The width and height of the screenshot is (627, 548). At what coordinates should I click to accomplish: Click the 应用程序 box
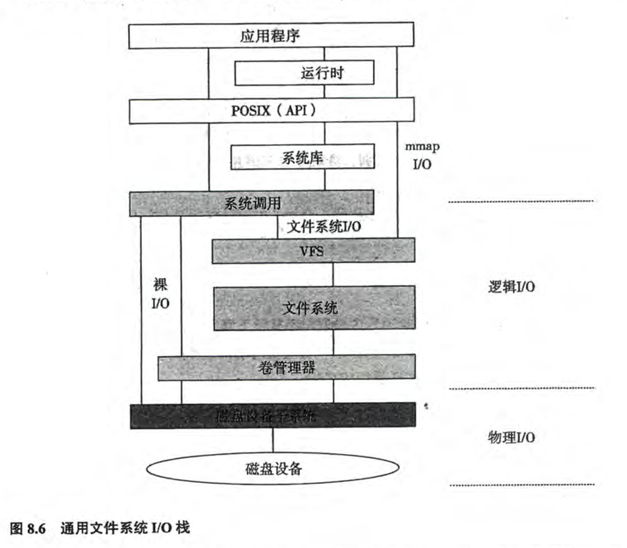(x=272, y=36)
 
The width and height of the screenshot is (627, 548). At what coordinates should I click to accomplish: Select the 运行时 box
(x=303, y=72)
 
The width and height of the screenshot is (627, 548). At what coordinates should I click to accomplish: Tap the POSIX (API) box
(x=272, y=110)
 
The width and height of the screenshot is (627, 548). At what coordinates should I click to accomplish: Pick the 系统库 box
(x=303, y=156)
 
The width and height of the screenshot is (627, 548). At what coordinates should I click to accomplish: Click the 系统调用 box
(x=251, y=203)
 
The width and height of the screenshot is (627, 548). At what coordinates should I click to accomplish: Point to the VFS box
(x=312, y=250)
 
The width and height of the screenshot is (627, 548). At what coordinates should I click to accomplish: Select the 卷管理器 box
(x=286, y=366)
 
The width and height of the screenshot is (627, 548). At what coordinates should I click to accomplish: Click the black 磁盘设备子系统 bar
(x=272, y=416)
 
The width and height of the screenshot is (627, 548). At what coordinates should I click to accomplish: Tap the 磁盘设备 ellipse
(x=272, y=468)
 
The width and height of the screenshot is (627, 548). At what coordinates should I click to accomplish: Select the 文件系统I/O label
(x=324, y=225)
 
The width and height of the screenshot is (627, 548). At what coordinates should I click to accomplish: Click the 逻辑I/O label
(x=511, y=287)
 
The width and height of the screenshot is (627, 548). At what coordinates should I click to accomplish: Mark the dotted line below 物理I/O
(x=521, y=485)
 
